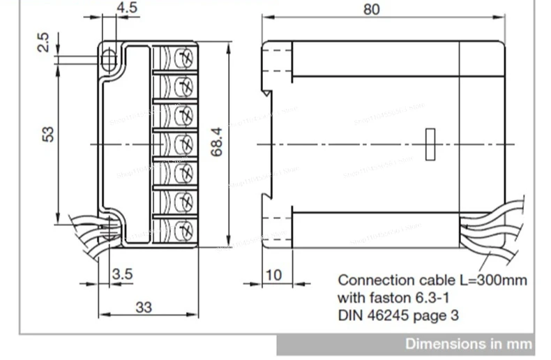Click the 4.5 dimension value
(127, 9)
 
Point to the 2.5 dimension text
(44, 42)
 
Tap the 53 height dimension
(47, 133)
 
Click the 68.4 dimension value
(217, 142)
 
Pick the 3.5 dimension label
(122, 274)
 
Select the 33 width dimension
(143, 306)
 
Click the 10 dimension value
(274, 275)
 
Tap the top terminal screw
(183, 57)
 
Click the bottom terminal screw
(183, 228)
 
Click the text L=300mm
(495, 280)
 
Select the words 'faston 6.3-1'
(403, 298)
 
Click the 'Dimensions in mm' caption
(469, 343)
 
